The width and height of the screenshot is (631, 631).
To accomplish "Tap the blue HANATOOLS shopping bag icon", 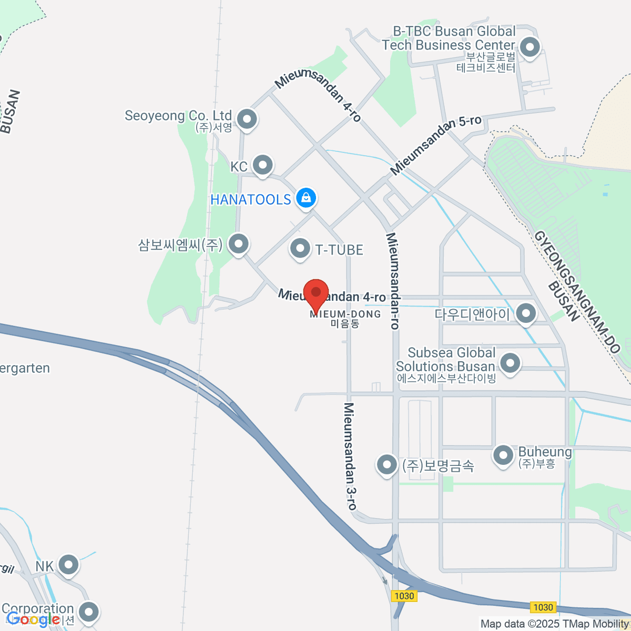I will point(306,198).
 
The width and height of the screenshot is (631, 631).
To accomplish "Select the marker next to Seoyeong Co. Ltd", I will point(247,119).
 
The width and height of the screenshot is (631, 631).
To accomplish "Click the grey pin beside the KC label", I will point(262,165).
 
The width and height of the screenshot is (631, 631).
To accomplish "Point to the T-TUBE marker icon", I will point(300,248).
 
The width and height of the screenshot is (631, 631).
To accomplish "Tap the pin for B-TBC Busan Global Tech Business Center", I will point(530,47).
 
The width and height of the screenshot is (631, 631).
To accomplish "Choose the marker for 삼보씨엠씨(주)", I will point(239,243).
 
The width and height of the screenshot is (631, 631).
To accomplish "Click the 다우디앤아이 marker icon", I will point(526,314).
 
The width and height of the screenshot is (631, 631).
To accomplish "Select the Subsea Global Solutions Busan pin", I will point(510,363).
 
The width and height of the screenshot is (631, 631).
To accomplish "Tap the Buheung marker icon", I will point(503,455).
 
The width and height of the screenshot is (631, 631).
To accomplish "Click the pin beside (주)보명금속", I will point(386,464).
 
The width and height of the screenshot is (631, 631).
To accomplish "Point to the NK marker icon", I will point(68,565).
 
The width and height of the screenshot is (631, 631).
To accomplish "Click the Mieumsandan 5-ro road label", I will point(436,145).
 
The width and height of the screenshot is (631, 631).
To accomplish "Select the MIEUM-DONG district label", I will point(345,314).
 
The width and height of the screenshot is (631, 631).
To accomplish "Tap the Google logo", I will point(33,619).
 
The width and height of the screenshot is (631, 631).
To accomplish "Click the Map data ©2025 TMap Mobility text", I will point(555,624).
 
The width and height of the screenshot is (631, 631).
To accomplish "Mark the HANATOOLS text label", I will point(250,200).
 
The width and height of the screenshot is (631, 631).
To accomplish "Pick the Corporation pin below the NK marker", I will point(88,612).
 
